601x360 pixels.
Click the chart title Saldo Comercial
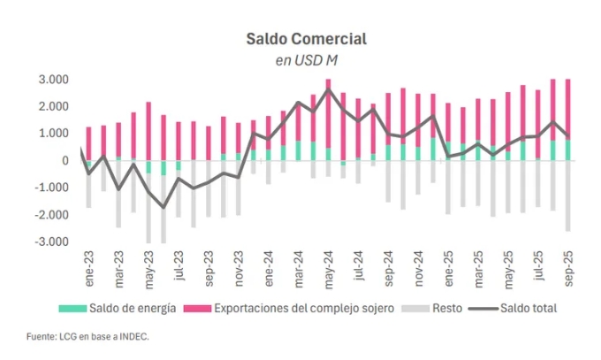[x=306, y=40]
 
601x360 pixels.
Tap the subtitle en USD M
[x=306, y=60]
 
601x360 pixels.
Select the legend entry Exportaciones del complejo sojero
[x=292, y=308]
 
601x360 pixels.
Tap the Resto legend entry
[x=439, y=308]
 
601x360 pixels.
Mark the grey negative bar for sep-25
[x=567, y=196]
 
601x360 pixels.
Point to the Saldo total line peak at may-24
[x=328, y=89]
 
